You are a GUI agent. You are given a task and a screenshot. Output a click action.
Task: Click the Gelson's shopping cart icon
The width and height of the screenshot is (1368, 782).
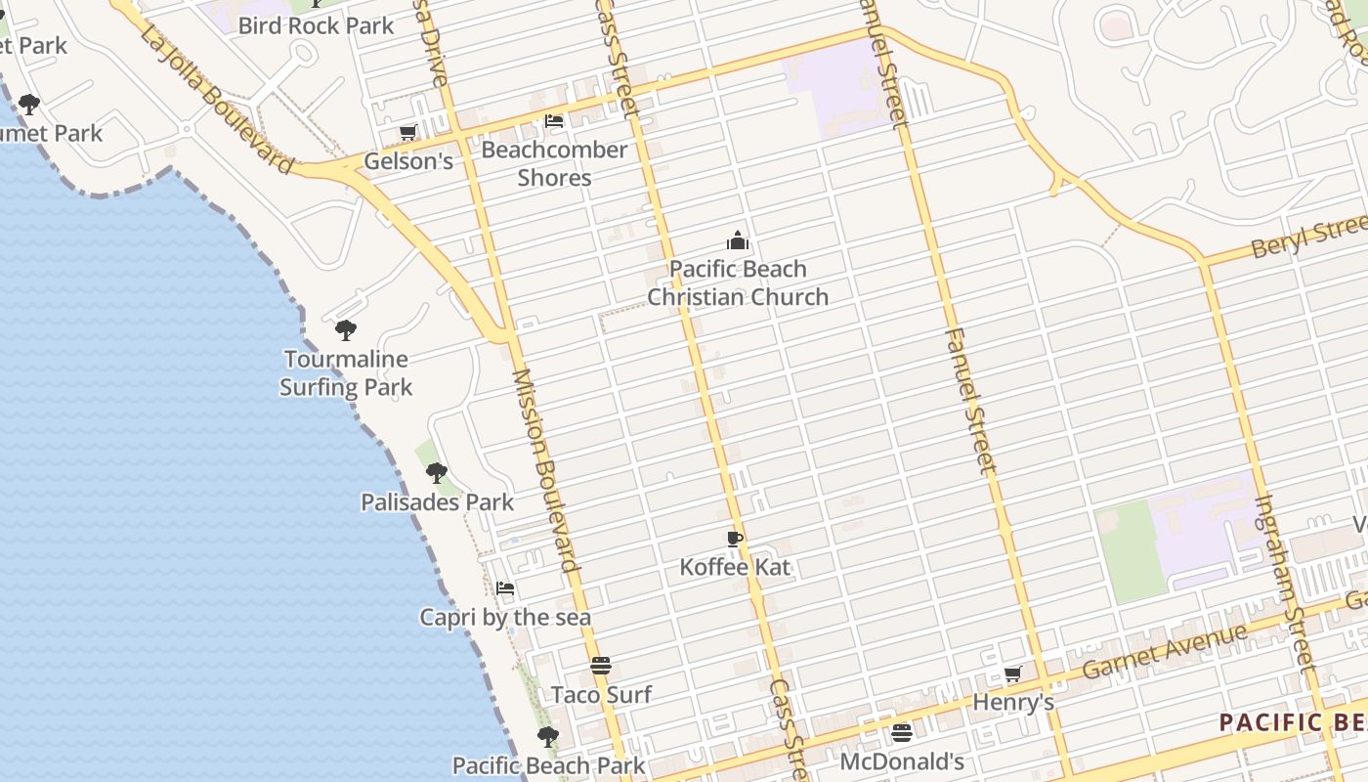tap(407, 132)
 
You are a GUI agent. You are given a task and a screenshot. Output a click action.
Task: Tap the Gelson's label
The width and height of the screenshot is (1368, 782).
tap(408, 161)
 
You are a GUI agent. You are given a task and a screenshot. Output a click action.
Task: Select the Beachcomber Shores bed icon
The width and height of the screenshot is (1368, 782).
tap(554, 121)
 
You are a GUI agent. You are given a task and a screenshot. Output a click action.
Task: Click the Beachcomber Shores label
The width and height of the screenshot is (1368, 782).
tap(554, 163)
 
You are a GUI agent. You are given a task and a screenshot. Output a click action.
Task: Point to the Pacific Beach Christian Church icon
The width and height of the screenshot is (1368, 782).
tap(737, 239)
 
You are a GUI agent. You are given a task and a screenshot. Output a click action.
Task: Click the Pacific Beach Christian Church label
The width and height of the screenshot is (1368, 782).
tap(738, 282)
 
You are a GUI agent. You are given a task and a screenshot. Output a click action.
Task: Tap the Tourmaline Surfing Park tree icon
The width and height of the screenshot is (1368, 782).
tap(345, 330)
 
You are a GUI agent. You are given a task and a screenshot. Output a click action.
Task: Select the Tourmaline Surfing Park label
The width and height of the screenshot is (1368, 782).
tap(346, 373)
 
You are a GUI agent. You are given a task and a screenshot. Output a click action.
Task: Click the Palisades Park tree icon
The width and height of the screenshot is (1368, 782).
tap(436, 473)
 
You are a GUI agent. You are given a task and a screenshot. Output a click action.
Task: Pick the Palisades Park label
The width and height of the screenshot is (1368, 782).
tap(437, 502)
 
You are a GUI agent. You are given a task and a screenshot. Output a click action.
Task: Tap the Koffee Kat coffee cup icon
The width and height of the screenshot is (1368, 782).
tap(735, 539)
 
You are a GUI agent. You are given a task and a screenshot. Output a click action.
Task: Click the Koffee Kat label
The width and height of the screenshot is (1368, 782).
tap(735, 567)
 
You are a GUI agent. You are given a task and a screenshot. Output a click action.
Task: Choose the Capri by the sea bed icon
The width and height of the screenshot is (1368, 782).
tap(505, 588)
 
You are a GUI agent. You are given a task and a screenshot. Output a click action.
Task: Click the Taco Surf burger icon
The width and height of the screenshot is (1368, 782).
tap(601, 667)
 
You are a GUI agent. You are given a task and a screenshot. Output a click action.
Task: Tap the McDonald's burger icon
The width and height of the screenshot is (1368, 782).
tap(902, 732)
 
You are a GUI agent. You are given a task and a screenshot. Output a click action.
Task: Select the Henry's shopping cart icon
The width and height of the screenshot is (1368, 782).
tap(1013, 673)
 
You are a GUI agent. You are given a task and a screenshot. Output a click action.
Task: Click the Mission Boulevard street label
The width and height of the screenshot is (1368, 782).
tap(545, 469)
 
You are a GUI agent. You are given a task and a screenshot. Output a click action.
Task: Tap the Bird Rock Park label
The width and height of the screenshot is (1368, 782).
tap(316, 25)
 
